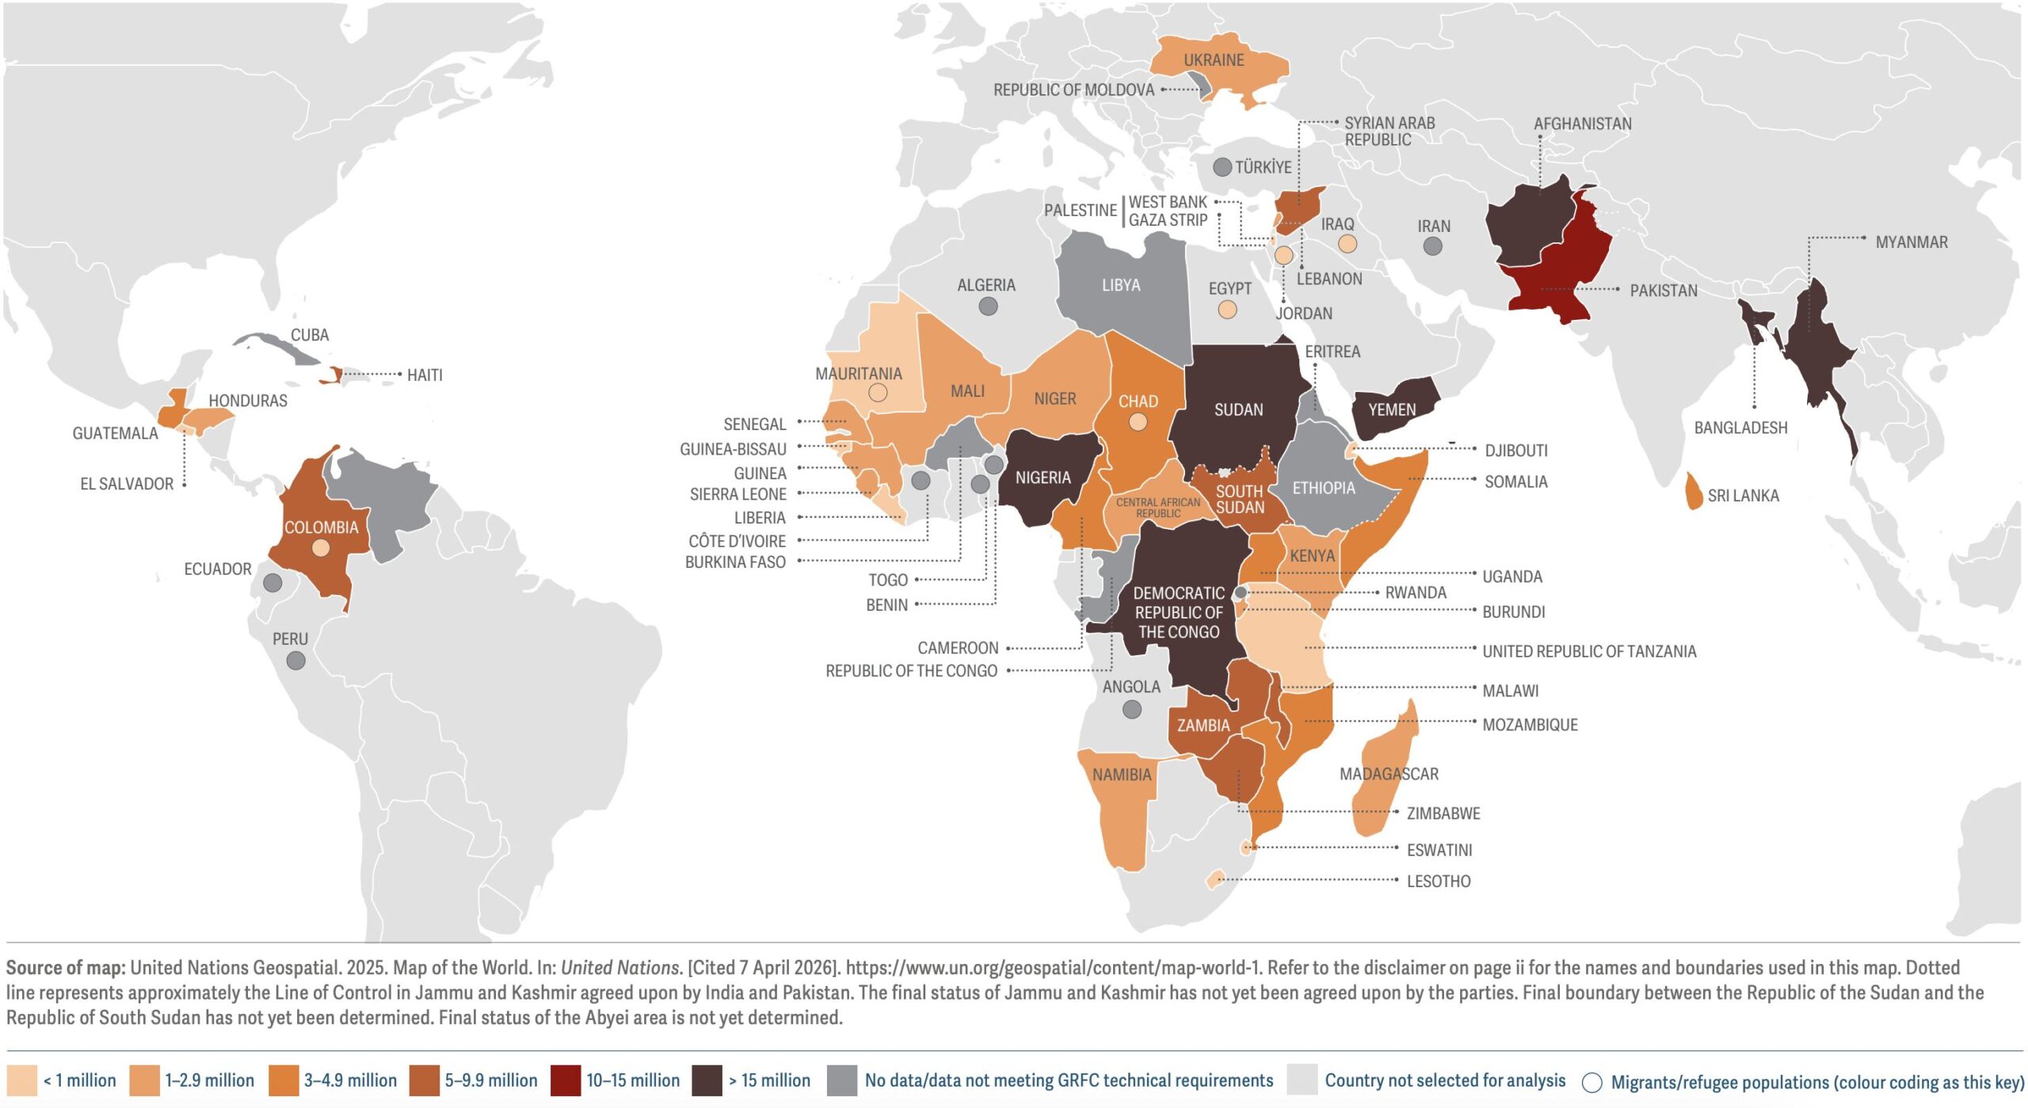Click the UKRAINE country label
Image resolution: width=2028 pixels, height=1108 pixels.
pos(1213,60)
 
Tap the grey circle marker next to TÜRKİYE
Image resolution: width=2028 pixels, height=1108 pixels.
pos(1222,167)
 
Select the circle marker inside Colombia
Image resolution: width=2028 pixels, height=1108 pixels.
pos(320,547)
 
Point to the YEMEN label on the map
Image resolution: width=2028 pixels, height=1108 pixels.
pos(1392,409)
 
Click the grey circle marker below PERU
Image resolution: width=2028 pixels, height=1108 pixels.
pos(295,661)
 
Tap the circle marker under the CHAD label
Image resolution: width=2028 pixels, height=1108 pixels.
pos(1138,422)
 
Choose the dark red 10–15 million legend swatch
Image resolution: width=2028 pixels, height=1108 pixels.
pos(565,1080)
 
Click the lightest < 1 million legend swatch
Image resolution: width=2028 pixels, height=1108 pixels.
pos(21,1080)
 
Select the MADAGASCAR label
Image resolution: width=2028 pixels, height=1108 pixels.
pos(1389,774)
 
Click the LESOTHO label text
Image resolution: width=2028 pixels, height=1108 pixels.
pos(1438,881)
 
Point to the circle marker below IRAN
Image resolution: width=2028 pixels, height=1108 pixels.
pos(1432,246)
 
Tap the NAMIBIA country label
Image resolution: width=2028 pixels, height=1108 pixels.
pos(1122,775)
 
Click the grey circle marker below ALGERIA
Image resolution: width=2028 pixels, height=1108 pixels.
pos(988,307)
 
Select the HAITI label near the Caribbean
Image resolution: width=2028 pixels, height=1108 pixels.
pos(425,375)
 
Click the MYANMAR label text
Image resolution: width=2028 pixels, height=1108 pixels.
pos(1911,242)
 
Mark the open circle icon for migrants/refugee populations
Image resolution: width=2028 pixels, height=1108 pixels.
pos(1592,1082)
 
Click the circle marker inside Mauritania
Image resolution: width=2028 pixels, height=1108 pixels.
pos(878,392)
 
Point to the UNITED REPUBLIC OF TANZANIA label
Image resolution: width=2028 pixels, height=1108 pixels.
pos(1589,651)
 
